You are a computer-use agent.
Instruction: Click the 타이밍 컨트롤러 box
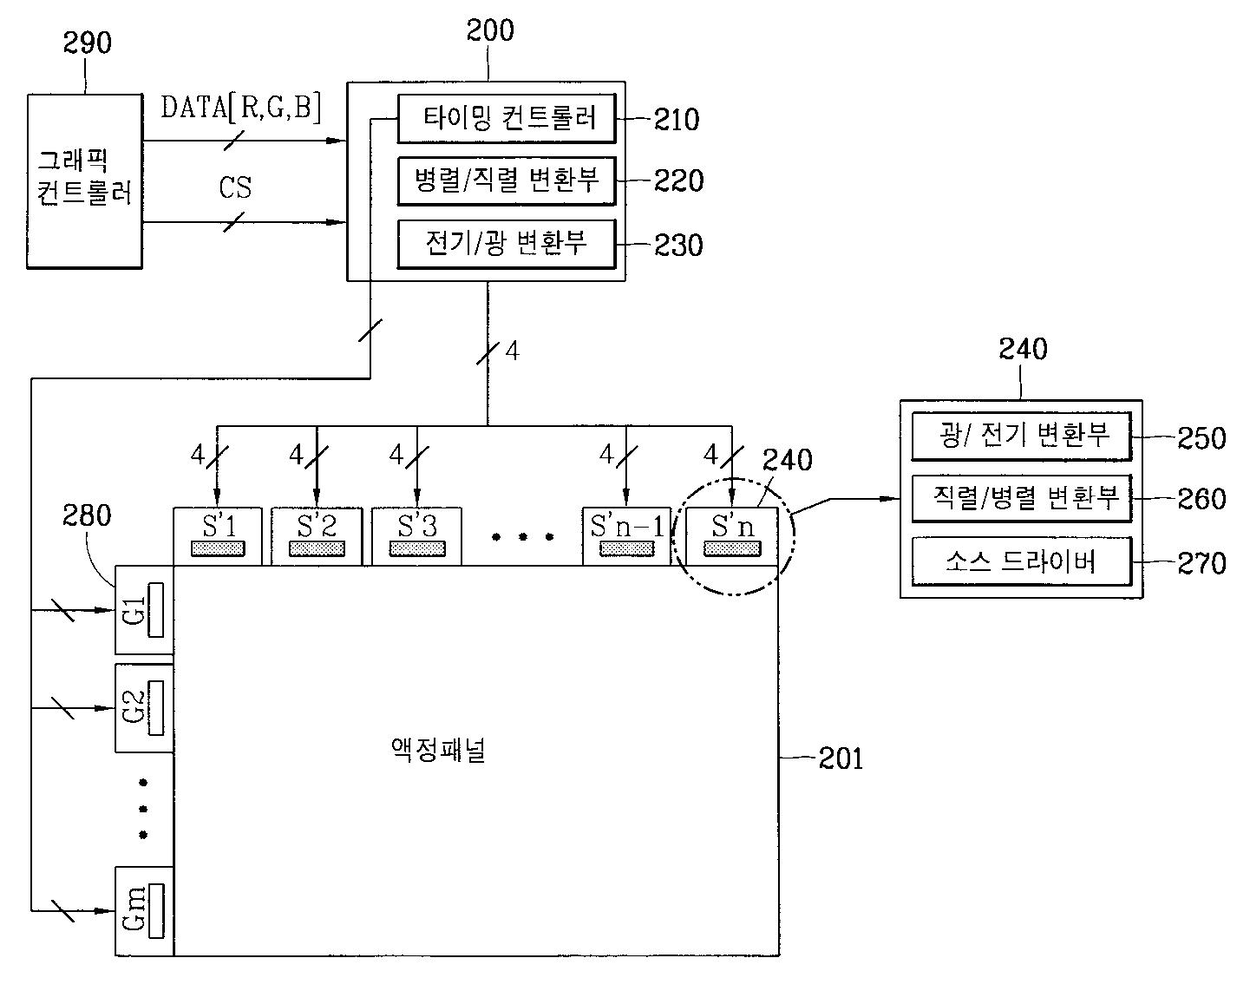[507, 119]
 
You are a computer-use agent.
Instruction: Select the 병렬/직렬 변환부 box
[507, 181]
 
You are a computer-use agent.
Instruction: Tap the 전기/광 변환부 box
[507, 244]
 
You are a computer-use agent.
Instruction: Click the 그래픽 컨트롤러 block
[85, 181]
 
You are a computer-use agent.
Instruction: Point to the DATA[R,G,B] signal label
[240, 107]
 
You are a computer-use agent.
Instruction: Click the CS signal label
[235, 188]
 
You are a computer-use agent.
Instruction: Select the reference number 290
[87, 43]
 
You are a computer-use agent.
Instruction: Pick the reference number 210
[677, 120]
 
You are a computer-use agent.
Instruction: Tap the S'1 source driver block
[217, 537]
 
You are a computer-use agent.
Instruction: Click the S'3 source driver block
[417, 537]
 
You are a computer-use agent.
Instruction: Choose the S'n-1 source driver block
[626, 537]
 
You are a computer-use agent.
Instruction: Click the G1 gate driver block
[145, 610]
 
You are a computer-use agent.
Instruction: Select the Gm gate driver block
[145, 911]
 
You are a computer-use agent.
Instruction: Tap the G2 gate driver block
[145, 708]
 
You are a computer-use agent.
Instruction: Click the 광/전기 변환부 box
[1022, 436]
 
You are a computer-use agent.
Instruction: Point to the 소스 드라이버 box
[1022, 562]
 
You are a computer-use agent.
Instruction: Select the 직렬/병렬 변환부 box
[1022, 498]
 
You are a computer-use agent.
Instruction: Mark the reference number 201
[841, 759]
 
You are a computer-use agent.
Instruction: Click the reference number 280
[87, 515]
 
